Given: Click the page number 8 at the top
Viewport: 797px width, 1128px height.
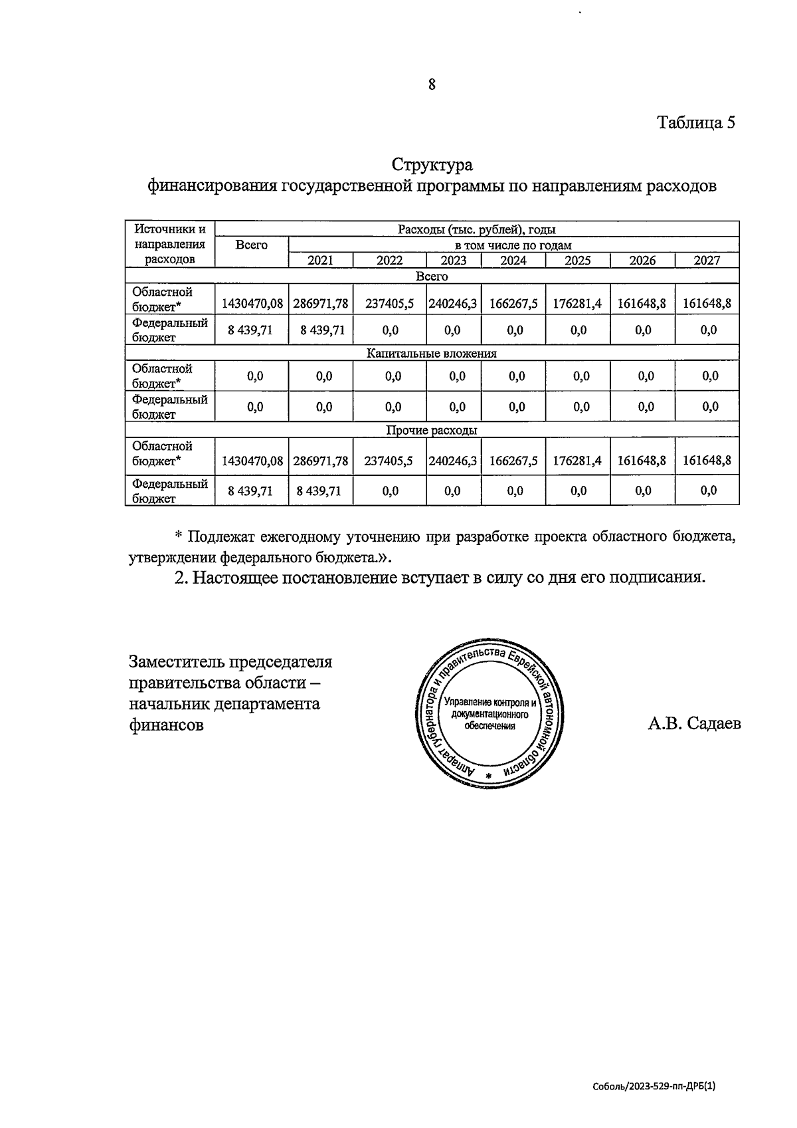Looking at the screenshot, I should [x=432, y=84].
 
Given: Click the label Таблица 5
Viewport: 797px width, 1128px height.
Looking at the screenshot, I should [x=696, y=123].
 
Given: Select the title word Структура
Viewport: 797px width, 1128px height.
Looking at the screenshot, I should [x=432, y=164].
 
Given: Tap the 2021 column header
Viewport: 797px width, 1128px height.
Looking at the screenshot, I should [x=320, y=261].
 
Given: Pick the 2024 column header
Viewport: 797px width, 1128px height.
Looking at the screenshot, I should [x=513, y=261].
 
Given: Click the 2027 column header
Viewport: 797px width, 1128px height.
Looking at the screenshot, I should [x=707, y=261].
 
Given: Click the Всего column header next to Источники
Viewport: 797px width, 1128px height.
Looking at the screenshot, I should [x=252, y=245].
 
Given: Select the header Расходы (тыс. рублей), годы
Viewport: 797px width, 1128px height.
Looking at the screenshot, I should [x=476, y=230].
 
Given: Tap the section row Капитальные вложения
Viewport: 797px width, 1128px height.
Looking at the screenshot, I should [x=432, y=354].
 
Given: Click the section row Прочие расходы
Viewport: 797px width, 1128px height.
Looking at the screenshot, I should [x=432, y=431].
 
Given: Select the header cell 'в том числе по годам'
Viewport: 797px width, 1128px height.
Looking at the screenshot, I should [x=513, y=245].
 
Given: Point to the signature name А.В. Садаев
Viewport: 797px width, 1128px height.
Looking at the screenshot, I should [x=694, y=723].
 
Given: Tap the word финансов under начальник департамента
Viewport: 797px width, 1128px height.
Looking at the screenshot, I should [x=166, y=725].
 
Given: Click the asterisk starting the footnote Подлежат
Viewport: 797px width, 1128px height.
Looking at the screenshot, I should [x=178, y=537].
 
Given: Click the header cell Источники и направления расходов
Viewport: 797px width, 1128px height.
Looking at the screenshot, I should [x=170, y=244].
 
